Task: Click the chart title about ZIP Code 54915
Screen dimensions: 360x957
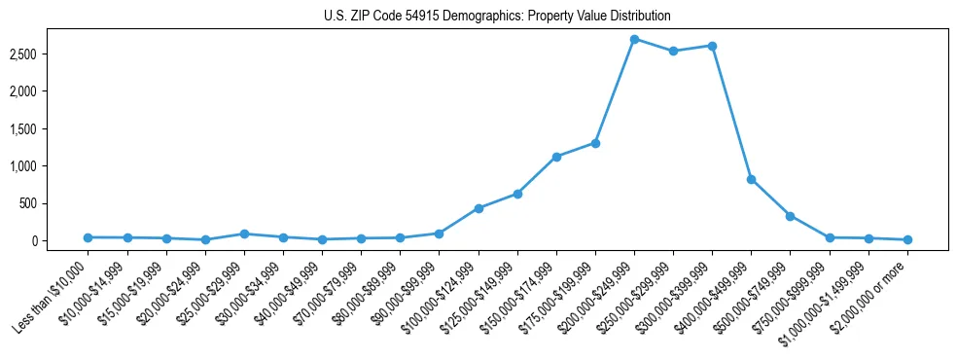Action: click(497, 17)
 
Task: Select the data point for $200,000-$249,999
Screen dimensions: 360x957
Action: click(634, 39)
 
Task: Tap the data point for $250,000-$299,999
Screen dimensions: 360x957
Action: click(673, 51)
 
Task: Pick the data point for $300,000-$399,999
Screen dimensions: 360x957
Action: click(712, 46)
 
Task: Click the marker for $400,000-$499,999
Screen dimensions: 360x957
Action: click(751, 179)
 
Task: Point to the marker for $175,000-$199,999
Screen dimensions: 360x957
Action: click(595, 143)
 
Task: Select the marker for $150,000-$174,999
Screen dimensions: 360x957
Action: click(556, 157)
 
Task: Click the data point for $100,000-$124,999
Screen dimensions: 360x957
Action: click(478, 208)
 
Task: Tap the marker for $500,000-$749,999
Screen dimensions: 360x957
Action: click(790, 216)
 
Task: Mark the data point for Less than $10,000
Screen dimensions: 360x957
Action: click(89, 237)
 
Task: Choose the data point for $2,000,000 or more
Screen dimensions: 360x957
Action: click(907, 239)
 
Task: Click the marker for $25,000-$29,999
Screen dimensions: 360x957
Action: click(244, 234)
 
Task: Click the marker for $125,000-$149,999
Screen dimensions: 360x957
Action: click(517, 194)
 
